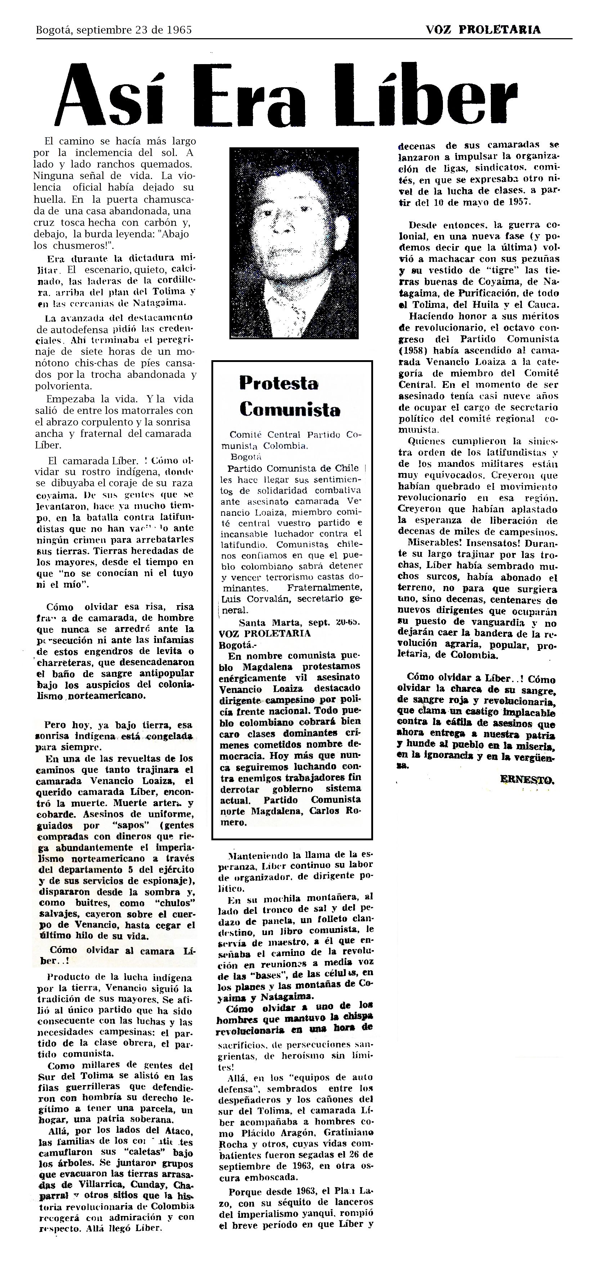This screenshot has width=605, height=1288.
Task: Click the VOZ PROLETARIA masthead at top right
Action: pyautogui.click(x=483, y=30)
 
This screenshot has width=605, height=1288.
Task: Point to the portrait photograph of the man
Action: pyautogui.click(x=293, y=242)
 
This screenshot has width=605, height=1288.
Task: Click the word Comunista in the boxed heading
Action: pyautogui.click(x=290, y=410)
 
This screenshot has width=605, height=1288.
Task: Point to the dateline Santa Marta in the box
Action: pyautogui.click(x=262, y=622)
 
